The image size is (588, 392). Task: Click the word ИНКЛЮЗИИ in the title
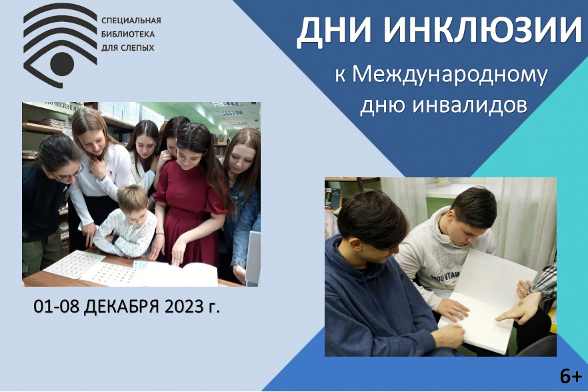[x=482, y=29]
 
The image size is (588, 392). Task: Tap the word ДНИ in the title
[x=334, y=31]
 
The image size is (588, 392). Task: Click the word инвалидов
[x=470, y=105]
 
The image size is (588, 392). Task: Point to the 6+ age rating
[x=571, y=376]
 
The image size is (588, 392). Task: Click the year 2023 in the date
[x=183, y=306]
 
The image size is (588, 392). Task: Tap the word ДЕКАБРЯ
[x=122, y=307]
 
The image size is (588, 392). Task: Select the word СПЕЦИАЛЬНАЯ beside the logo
[x=131, y=20]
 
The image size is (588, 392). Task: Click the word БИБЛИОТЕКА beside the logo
[x=128, y=34]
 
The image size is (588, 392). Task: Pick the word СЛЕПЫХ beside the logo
[x=137, y=47]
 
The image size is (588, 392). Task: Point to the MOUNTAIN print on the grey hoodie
[x=445, y=277]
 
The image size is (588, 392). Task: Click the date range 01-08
[x=56, y=307]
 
